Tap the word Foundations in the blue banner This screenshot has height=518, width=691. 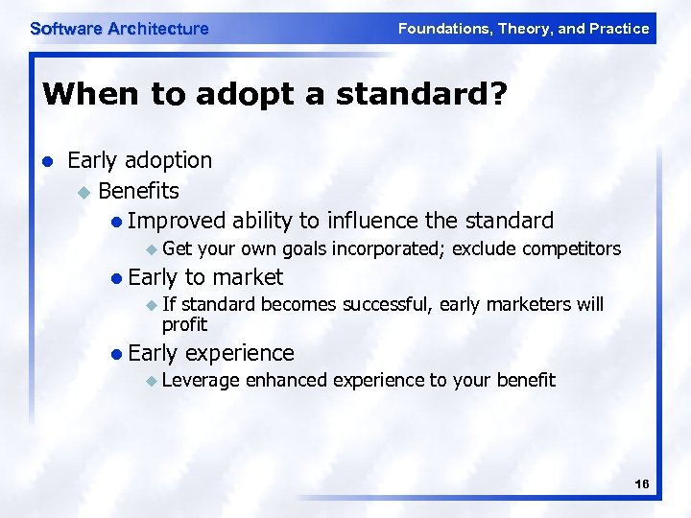pos(442,29)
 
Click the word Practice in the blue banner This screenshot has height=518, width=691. pos(616,29)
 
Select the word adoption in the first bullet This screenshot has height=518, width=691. pos(167,159)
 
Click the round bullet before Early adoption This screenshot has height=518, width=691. pos(48,160)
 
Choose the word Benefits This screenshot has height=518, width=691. pos(139,190)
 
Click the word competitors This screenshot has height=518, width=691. pos(572,249)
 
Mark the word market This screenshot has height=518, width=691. pos(247,277)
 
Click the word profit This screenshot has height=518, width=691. pos(184,324)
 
